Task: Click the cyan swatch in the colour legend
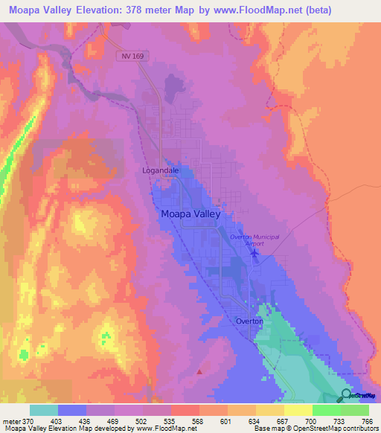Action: point(43,410)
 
